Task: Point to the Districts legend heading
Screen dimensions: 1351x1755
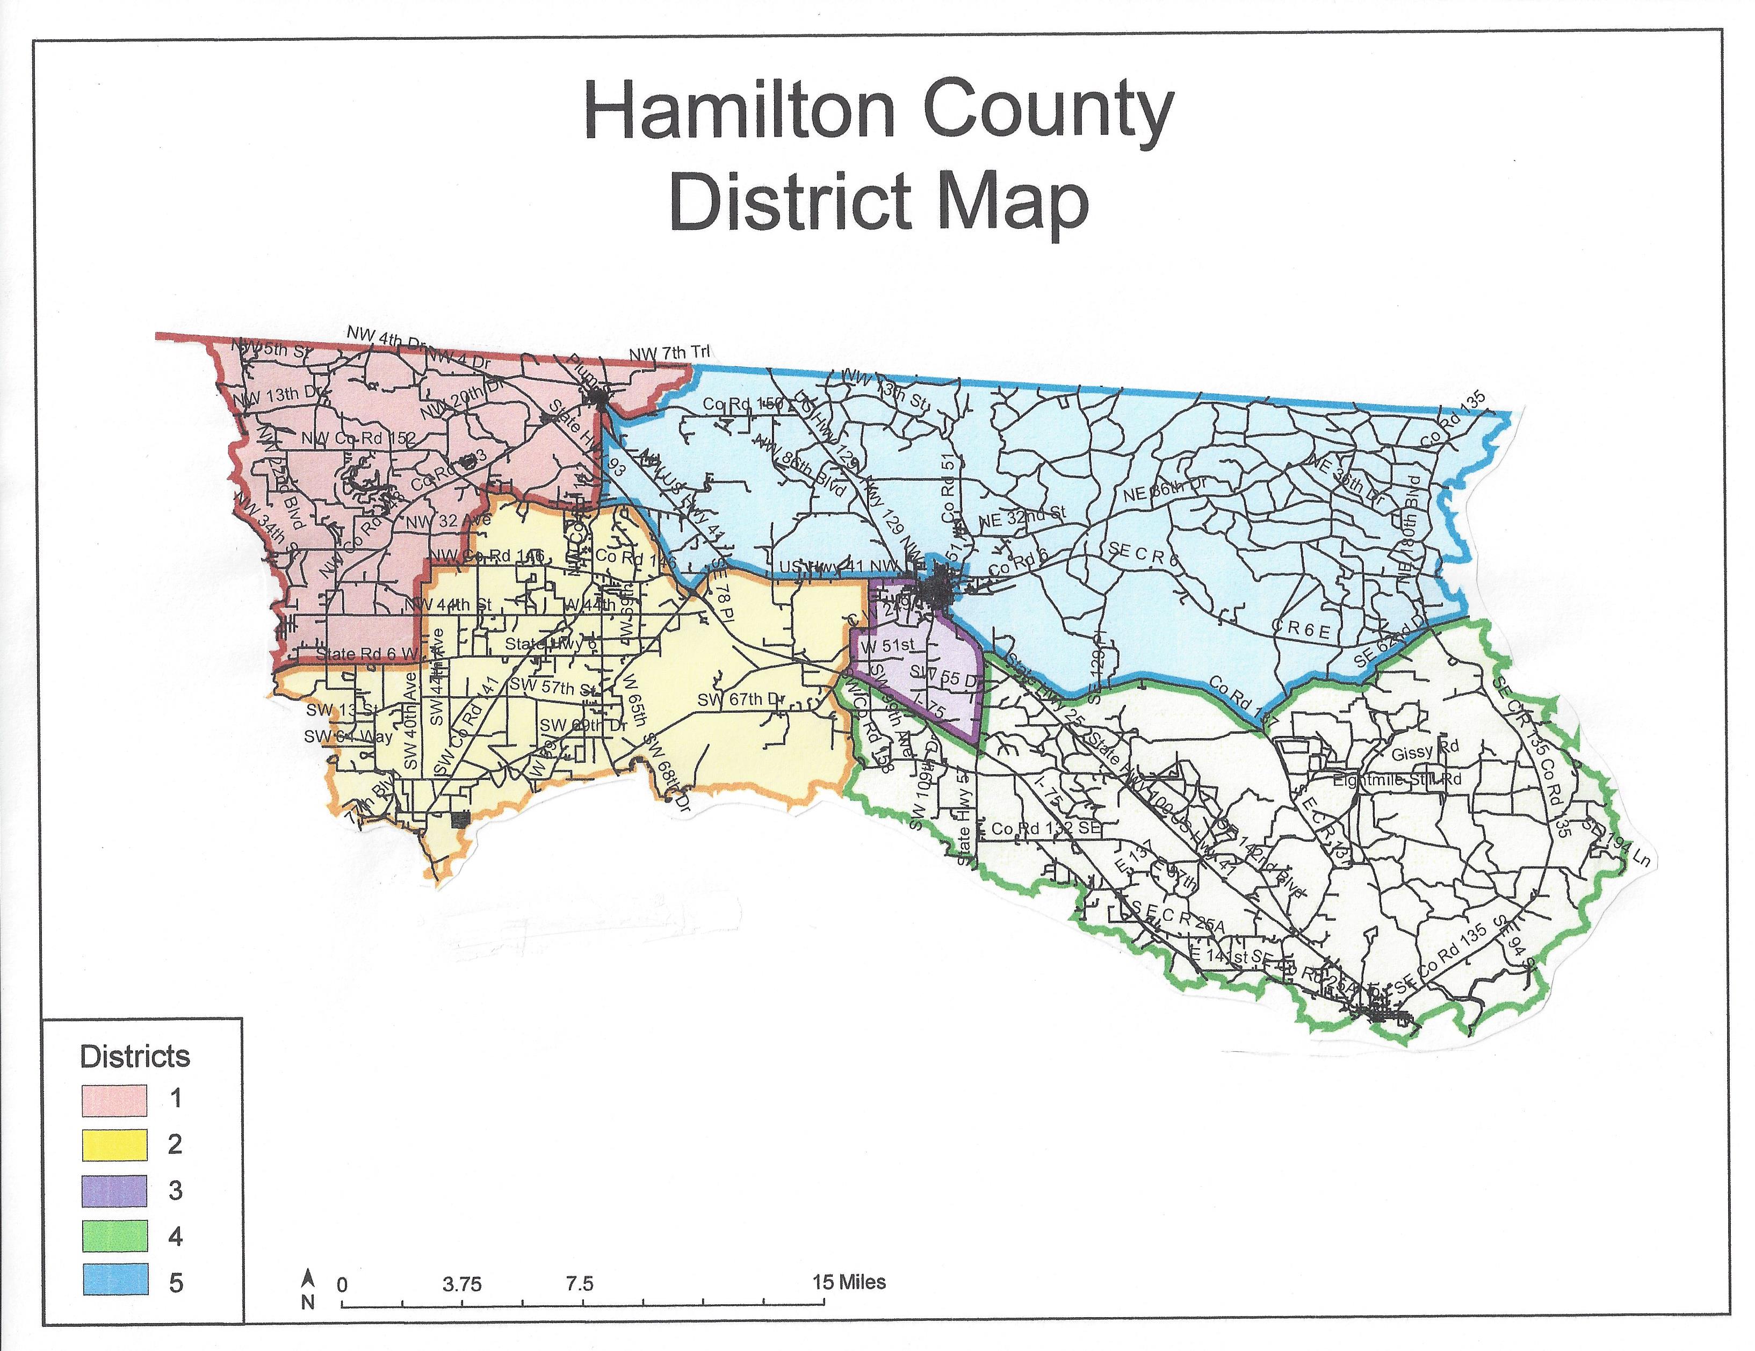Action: pos(135,1056)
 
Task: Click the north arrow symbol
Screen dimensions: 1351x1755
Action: pos(308,1278)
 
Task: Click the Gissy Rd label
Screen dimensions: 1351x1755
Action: pos(1424,753)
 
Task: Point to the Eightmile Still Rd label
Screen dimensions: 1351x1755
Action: pos(1397,779)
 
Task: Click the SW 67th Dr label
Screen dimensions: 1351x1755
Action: pos(740,699)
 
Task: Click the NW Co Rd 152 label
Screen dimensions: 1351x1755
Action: pos(358,438)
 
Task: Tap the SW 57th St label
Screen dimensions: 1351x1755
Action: pos(554,687)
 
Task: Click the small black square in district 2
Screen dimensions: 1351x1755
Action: pos(460,820)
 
